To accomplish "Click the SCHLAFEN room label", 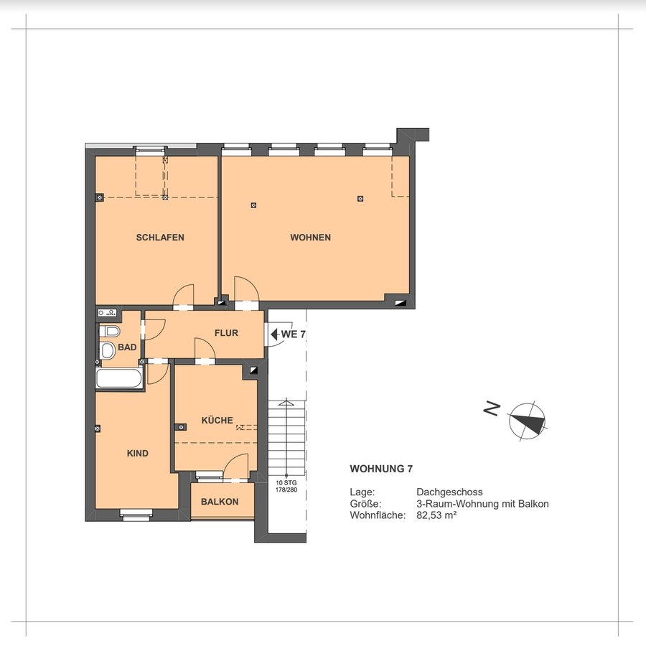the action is (160, 238).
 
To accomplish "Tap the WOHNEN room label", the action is (310, 238).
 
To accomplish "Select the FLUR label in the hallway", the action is (226, 333).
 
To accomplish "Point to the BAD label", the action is (127, 347).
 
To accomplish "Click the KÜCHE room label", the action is (217, 420).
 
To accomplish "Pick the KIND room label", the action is (138, 453).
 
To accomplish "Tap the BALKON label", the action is (220, 502).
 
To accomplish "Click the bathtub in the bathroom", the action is (119, 378).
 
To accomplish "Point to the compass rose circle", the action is (527, 421).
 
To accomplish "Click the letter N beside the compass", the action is (492, 408).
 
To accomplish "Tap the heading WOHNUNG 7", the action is (381, 469).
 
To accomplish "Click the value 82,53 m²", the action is (436, 515).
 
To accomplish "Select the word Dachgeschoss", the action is (449, 492).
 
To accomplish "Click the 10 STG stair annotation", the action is (286, 482).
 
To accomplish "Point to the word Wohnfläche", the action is (378, 515).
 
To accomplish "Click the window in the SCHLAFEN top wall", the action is (151, 149).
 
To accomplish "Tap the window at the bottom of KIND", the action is (136, 512).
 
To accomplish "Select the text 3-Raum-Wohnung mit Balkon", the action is (482, 503).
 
